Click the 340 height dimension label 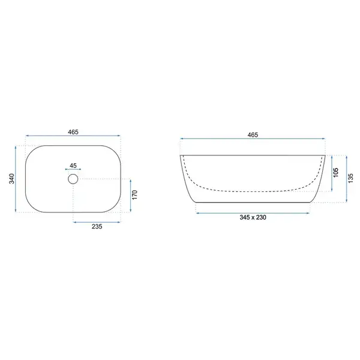click(11, 179)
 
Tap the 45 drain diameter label click(73, 166)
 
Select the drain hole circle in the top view click(73, 179)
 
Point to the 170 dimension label click(134, 195)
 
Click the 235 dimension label click(97, 227)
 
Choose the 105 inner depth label click(335, 173)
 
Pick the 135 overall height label click(350, 178)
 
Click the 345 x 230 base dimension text click(253, 217)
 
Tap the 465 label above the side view click(253, 135)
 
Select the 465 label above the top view click(73, 132)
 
